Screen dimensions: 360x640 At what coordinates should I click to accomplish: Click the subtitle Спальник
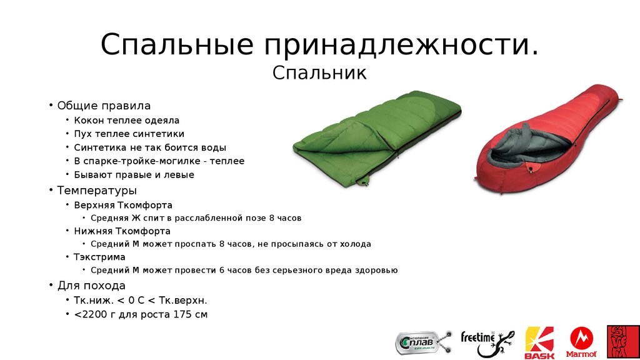(x=319, y=74)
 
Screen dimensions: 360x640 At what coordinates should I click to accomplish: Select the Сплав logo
(x=422, y=342)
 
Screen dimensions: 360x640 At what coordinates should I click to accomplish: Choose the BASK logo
(x=539, y=343)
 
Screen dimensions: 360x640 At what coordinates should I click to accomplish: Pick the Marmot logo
(x=581, y=343)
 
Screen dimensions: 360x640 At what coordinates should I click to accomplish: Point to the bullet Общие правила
(x=104, y=106)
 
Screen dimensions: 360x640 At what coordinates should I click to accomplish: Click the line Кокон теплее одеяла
(x=126, y=120)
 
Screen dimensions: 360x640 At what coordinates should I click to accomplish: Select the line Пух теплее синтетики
(x=129, y=134)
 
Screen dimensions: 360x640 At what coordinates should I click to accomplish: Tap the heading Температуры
(x=97, y=190)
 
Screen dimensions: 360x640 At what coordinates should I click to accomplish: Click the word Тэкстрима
(x=99, y=257)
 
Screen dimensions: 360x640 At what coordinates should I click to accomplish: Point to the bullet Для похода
(x=91, y=286)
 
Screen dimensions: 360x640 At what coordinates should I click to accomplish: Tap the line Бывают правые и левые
(x=134, y=175)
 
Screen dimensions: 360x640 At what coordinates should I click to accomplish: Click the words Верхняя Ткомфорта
(x=123, y=205)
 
